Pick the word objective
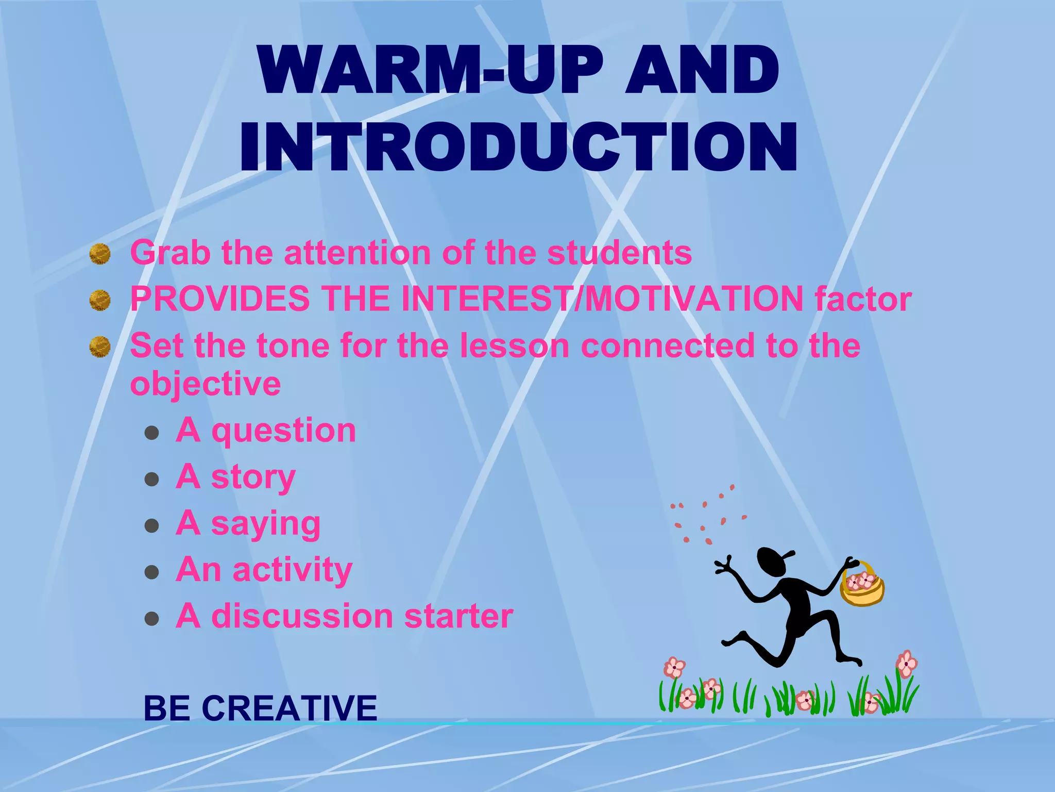206,384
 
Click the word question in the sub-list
284,431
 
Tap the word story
253,477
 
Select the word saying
266,524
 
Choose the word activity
293,570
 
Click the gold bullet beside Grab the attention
100,254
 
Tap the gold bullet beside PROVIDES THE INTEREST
100,300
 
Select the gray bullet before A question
151,433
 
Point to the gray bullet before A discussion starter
151,618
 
